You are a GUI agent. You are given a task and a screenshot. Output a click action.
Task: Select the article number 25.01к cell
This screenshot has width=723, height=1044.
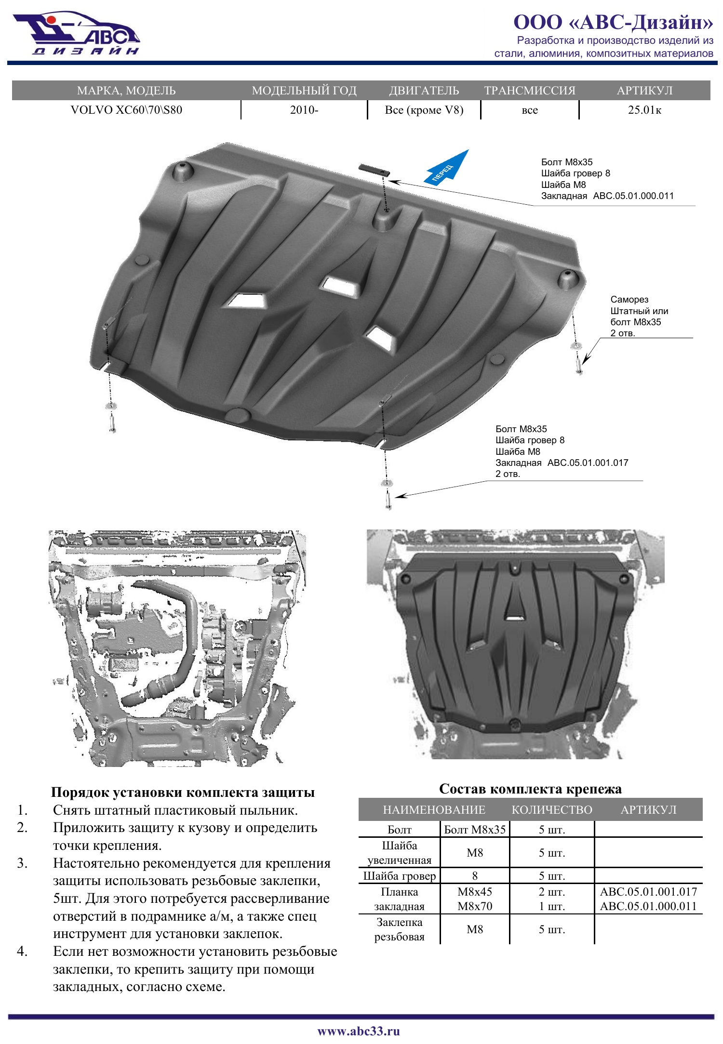click(x=644, y=110)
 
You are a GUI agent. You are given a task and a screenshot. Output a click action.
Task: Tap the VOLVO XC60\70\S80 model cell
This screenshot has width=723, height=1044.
click(x=126, y=110)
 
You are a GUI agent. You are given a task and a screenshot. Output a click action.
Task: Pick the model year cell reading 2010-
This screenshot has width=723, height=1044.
click(x=304, y=110)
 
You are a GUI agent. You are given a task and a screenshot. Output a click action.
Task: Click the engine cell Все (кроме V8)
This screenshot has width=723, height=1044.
click(x=424, y=110)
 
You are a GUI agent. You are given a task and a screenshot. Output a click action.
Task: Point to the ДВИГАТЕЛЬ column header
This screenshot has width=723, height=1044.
click(x=424, y=91)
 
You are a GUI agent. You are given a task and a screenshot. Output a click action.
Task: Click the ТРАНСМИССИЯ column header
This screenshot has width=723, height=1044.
click(x=530, y=91)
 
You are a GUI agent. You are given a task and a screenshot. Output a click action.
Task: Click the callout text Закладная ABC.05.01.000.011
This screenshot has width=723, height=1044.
click(x=607, y=196)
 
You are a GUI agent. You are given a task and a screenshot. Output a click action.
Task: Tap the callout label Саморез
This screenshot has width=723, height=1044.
click(x=629, y=300)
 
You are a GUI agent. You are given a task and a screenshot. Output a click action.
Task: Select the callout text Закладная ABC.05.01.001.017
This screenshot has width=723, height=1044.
click(x=562, y=463)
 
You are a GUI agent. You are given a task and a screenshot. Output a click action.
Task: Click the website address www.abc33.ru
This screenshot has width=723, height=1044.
click(x=359, y=1031)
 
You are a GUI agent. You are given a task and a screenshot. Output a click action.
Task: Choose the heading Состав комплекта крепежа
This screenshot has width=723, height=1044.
click(x=530, y=789)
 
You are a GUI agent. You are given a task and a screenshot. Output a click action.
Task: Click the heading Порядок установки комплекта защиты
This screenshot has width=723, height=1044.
click(x=183, y=793)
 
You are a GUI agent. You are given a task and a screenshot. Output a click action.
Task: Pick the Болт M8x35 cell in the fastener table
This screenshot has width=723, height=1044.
click(x=475, y=830)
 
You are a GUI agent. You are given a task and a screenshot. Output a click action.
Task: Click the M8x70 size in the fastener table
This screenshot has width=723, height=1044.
click(x=475, y=906)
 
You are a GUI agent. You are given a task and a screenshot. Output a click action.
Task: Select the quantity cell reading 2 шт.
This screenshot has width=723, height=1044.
click(x=552, y=892)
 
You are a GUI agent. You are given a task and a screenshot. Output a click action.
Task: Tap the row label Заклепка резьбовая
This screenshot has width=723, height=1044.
click(x=400, y=929)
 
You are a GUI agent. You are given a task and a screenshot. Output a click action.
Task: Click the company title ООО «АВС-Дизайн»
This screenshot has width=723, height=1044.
click(x=613, y=22)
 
